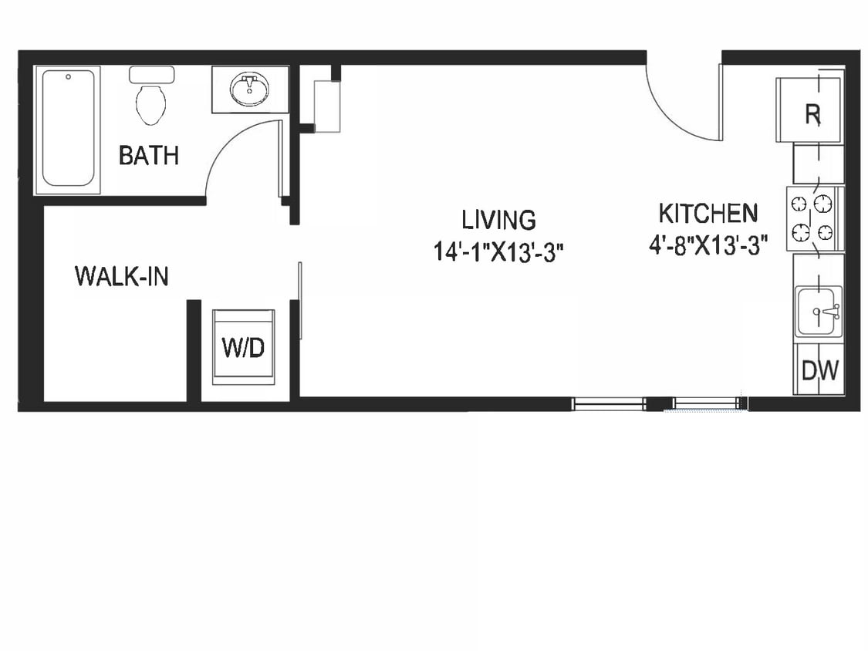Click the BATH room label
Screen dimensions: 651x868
[149, 155]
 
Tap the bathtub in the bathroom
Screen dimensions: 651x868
[69, 128]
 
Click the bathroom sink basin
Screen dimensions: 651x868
[249, 89]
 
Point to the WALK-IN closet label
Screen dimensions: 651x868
[122, 275]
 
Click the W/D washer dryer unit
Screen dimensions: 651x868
[243, 347]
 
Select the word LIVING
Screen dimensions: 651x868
[498, 219]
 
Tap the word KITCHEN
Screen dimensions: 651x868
[708, 212]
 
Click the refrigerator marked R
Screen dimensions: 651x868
[810, 112]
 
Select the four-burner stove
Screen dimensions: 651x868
[814, 218]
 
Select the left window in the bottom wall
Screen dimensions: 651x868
[608, 403]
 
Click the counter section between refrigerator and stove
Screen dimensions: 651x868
[817, 164]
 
